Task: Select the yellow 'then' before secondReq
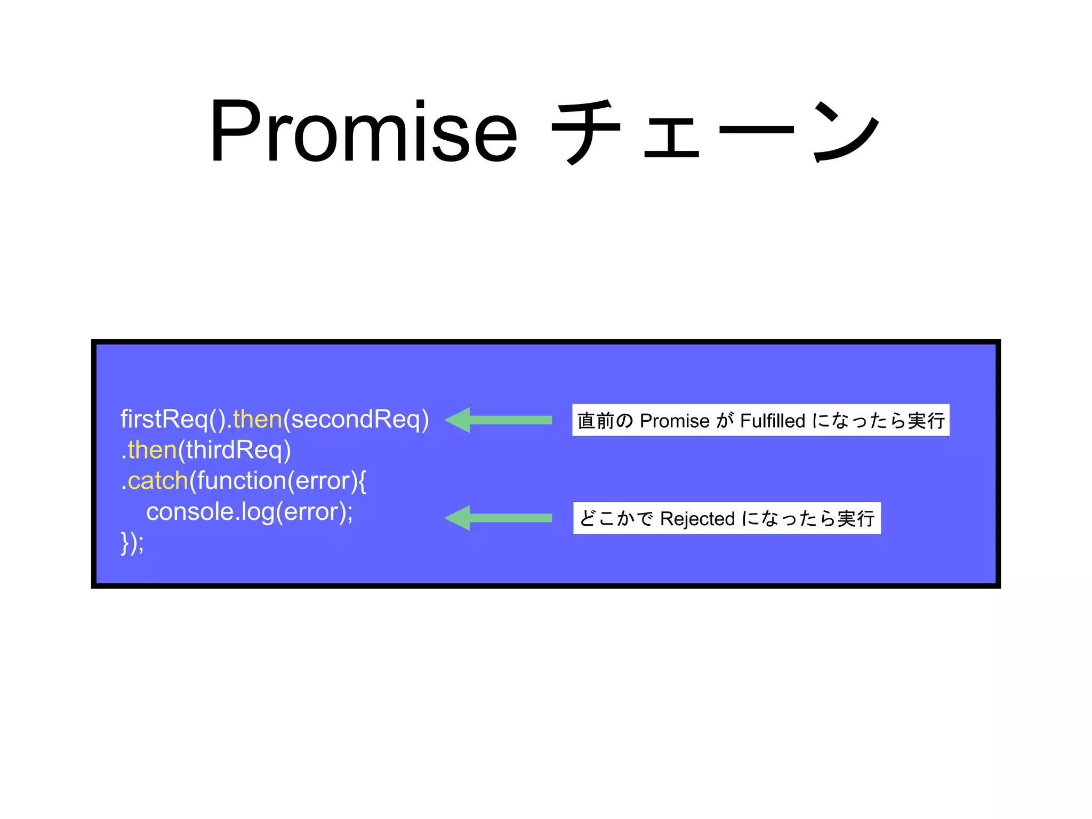(258, 419)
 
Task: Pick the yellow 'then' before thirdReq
(152, 450)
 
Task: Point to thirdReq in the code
(235, 450)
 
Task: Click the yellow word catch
(158, 481)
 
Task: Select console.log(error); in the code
(250, 512)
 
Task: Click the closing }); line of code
(132, 543)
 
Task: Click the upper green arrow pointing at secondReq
(499, 420)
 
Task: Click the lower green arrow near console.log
(499, 518)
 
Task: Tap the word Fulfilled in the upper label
(773, 421)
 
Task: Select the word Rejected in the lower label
(697, 518)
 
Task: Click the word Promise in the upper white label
(675, 421)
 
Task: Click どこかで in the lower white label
(616, 518)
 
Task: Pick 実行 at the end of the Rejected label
(856, 518)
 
